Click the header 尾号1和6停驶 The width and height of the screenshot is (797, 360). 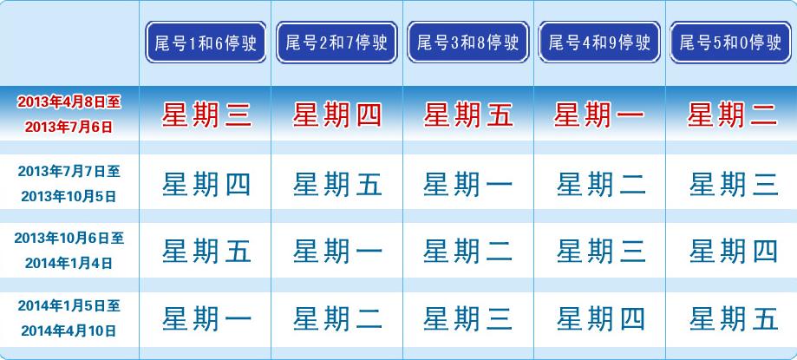coord(206,43)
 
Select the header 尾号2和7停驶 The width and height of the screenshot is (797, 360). coord(337,43)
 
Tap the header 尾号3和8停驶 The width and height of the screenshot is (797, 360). coord(468,43)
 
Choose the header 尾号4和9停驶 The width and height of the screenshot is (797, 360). coord(599,43)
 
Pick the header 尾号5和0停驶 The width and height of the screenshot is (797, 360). coord(730,43)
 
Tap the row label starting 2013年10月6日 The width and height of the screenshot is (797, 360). coord(69,251)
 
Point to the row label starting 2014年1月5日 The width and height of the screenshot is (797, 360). coord(69,319)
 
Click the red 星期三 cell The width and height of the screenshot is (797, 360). coord(206,115)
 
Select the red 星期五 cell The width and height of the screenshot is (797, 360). coord(468,115)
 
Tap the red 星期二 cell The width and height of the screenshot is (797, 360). coord(733,115)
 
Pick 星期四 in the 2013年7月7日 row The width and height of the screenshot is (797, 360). coord(206,184)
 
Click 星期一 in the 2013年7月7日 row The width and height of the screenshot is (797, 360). coord(468,184)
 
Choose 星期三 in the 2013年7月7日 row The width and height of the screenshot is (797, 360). coord(734,184)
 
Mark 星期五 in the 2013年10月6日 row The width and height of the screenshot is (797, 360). coord(206,252)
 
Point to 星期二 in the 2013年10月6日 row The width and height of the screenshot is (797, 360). coord(468,252)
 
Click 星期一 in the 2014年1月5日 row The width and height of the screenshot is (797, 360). coord(206,319)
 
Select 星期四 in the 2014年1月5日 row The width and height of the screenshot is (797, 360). coord(601,319)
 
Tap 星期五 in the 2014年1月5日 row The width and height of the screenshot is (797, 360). coord(734,319)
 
